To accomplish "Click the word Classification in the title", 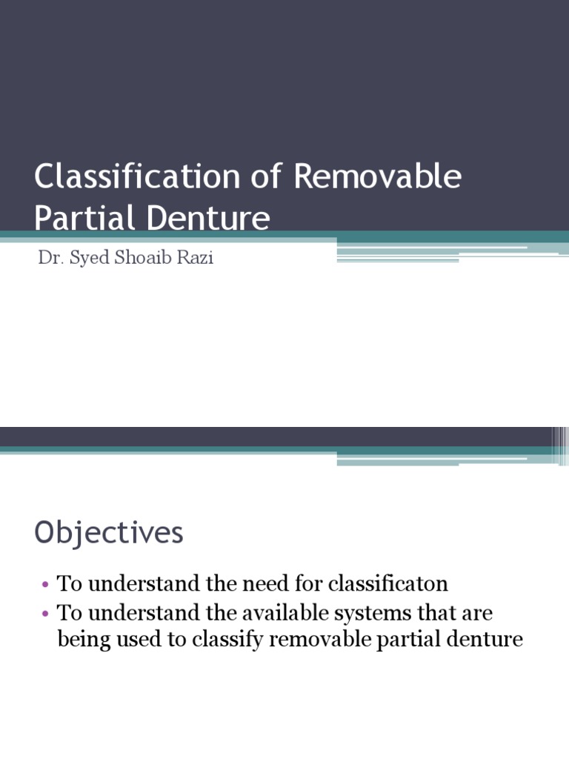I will click(x=138, y=179).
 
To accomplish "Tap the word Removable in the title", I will click(x=377, y=179).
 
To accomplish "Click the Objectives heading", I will click(x=109, y=533).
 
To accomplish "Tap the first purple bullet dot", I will click(x=46, y=584).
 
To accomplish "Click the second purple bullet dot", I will click(x=46, y=614).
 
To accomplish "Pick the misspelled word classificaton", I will click(x=388, y=583).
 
